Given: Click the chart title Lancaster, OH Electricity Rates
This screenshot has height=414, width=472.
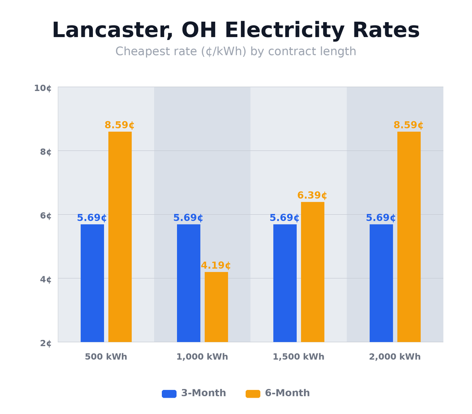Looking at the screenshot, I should (x=236, y=31).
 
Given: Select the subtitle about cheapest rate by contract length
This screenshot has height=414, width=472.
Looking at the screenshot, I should (x=236, y=52).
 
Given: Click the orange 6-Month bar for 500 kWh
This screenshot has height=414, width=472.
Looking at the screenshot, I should (x=120, y=237).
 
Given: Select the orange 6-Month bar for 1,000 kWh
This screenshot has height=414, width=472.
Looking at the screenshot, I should (x=216, y=307).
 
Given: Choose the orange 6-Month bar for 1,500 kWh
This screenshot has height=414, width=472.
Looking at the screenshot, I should (x=313, y=272).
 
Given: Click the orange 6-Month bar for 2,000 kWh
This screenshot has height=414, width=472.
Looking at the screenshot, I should (x=409, y=237).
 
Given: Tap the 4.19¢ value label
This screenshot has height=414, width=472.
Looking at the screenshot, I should (x=216, y=266).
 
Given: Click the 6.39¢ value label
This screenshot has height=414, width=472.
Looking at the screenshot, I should (x=312, y=195).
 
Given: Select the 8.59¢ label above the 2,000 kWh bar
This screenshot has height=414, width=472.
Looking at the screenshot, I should (x=408, y=125).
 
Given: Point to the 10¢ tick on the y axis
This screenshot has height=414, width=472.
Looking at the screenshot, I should (x=42, y=88).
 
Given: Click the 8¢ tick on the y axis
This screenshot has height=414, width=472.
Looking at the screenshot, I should (x=46, y=152).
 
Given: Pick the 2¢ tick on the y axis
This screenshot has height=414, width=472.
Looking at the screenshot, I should (x=46, y=343).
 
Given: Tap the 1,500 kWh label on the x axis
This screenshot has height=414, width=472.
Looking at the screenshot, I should (x=298, y=357).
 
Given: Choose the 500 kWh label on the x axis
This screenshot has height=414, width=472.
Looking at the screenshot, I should (x=106, y=357).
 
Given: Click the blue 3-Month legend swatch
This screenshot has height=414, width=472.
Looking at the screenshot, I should (x=169, y=394).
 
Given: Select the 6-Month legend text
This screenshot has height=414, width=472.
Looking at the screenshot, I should (x=287, y=393).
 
